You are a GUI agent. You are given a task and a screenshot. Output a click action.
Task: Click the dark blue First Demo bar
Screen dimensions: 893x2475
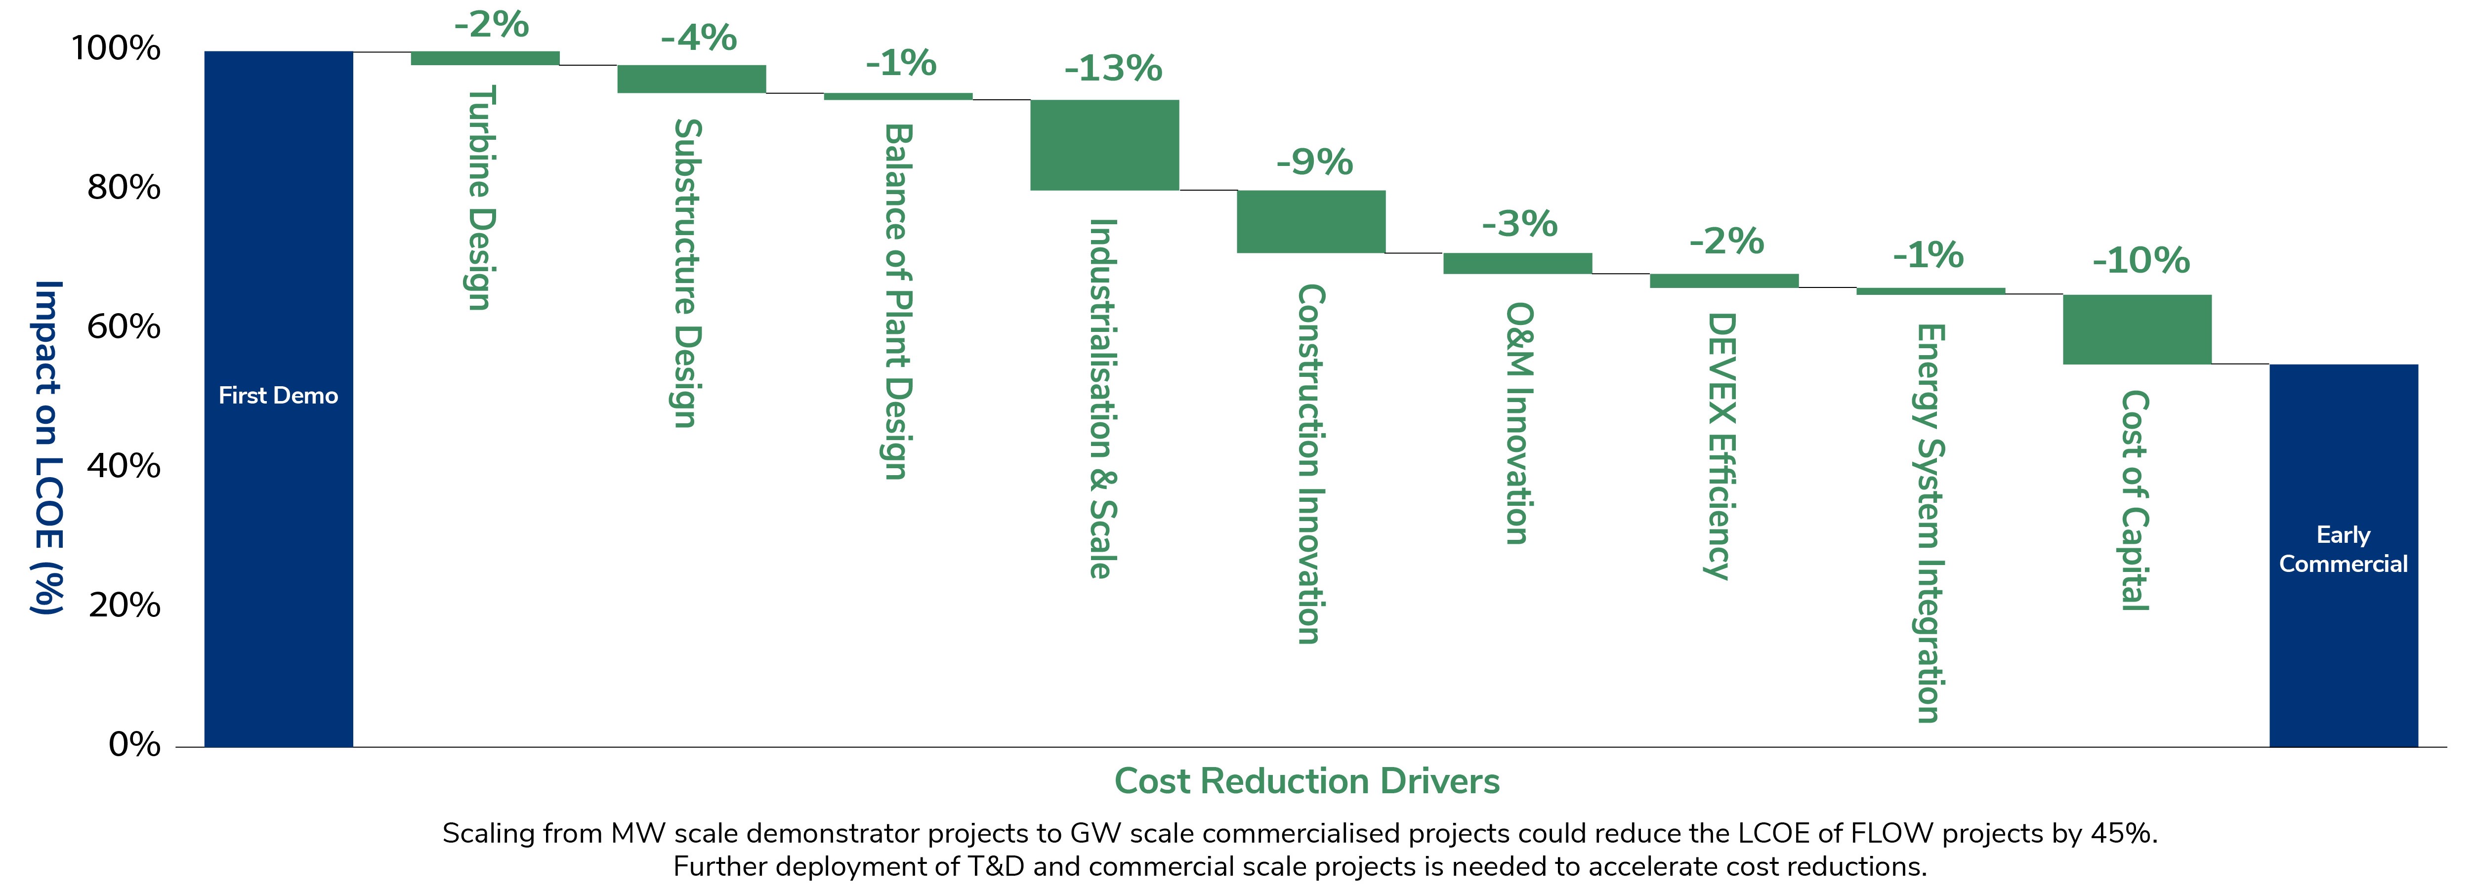[279, 399]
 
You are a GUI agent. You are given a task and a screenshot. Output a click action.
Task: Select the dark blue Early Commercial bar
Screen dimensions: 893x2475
[2344, 555]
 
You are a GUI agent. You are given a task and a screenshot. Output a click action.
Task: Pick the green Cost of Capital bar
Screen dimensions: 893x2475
[2137, 329]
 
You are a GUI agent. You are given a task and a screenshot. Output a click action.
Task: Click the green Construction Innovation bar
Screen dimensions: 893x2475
[1310, 222]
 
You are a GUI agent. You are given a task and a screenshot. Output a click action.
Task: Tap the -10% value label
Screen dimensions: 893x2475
[2140, 260]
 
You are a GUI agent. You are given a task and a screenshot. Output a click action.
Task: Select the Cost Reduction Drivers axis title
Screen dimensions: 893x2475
[1307, 781]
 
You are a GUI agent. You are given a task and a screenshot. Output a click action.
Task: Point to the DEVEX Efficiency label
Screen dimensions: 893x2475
[1720, 446]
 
